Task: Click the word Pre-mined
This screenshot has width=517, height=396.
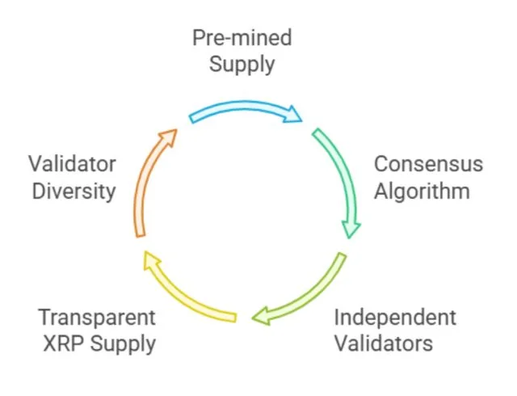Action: [x=242, y=38]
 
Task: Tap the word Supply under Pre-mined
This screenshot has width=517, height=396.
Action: [x=242, y=63]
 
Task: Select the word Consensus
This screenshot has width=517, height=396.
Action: [x=428, y=164]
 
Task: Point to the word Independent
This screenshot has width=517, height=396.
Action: [x=395, y=317]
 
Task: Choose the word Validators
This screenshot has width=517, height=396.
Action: [x=383, y=343]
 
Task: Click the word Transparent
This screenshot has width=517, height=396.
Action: [x=97, y=317]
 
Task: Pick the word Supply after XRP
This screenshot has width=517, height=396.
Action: [x=123, y=344]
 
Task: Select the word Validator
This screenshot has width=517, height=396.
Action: [x=73, y=164]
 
